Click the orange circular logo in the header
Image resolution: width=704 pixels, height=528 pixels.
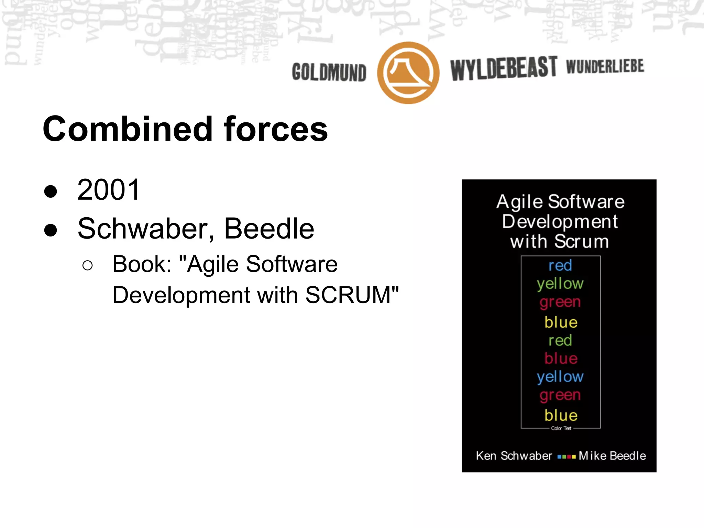tap(408, 73)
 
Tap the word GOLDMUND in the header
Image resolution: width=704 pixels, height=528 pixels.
tap(329, 73)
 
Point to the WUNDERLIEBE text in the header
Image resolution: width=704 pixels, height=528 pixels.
tap(605, 66)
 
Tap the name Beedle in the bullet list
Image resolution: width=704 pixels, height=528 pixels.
tap(269, 229)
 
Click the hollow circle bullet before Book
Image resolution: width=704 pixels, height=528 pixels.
tap(88, 265)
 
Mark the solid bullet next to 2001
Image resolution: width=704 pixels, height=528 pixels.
tap(51, 191)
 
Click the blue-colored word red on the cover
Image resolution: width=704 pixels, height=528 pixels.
tap(560, 265)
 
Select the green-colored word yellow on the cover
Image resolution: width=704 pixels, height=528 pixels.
tap(560, 284)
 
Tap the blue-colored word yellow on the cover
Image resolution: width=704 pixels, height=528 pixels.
tap(560, 377)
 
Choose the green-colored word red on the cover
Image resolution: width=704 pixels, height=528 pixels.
tap(560, 340)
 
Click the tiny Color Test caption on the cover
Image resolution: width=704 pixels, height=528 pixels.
tap(561, 428)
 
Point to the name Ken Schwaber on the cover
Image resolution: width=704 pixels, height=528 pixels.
tap(514, 456)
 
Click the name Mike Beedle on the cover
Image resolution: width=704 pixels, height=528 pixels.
tap(612, 456)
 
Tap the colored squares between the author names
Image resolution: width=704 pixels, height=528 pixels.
tap(566, 457)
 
